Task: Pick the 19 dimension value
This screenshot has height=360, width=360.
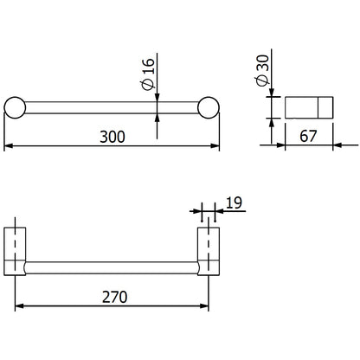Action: [x=233, y=203]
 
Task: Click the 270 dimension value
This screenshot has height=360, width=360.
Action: [x=113, y=297]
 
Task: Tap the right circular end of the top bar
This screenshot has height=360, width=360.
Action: [x=209, y=108]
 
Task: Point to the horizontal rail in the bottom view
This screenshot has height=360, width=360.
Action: [x=113, y=267]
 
